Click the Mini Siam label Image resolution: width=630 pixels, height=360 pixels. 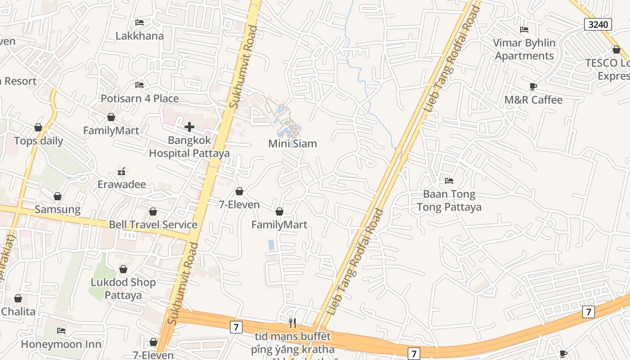click(x=292, y=144)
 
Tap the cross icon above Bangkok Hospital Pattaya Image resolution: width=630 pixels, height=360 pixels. click(x=189, y=127)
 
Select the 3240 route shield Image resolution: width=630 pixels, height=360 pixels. click(x=598, y=24)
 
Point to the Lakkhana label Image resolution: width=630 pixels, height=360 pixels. click(x=139, y=36)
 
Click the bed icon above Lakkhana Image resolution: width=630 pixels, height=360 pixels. click(x=139, y=22)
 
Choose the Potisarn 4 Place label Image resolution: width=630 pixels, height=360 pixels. click(x=139, y=99)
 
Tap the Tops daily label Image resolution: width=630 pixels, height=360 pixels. click(x=38, y=141)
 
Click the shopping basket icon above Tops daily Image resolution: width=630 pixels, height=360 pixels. click(x=38, y=127)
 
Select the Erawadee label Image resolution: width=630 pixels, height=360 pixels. click(x=121, y=184)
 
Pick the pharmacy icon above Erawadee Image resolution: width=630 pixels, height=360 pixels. click(x=121, y=171)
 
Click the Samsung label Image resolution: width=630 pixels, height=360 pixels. click(x=58, y=210)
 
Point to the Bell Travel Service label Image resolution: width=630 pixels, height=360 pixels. click(x=153, y=225)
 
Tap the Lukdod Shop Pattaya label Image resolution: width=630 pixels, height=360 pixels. click(x=123, y=289)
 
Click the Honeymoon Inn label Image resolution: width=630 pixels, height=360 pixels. click(x=61, y=344)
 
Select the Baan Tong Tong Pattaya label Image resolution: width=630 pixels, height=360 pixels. click(x=449, y=201)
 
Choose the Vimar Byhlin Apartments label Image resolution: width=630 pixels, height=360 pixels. click(x=524, y=49)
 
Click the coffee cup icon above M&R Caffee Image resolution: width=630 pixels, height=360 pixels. click(x=533, y=86)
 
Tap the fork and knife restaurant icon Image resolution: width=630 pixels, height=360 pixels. click(x=292, y=322)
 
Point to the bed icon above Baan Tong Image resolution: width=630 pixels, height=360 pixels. click(x=449, y=181)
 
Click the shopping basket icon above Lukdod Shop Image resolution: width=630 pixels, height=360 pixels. click(x=123, y=269)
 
